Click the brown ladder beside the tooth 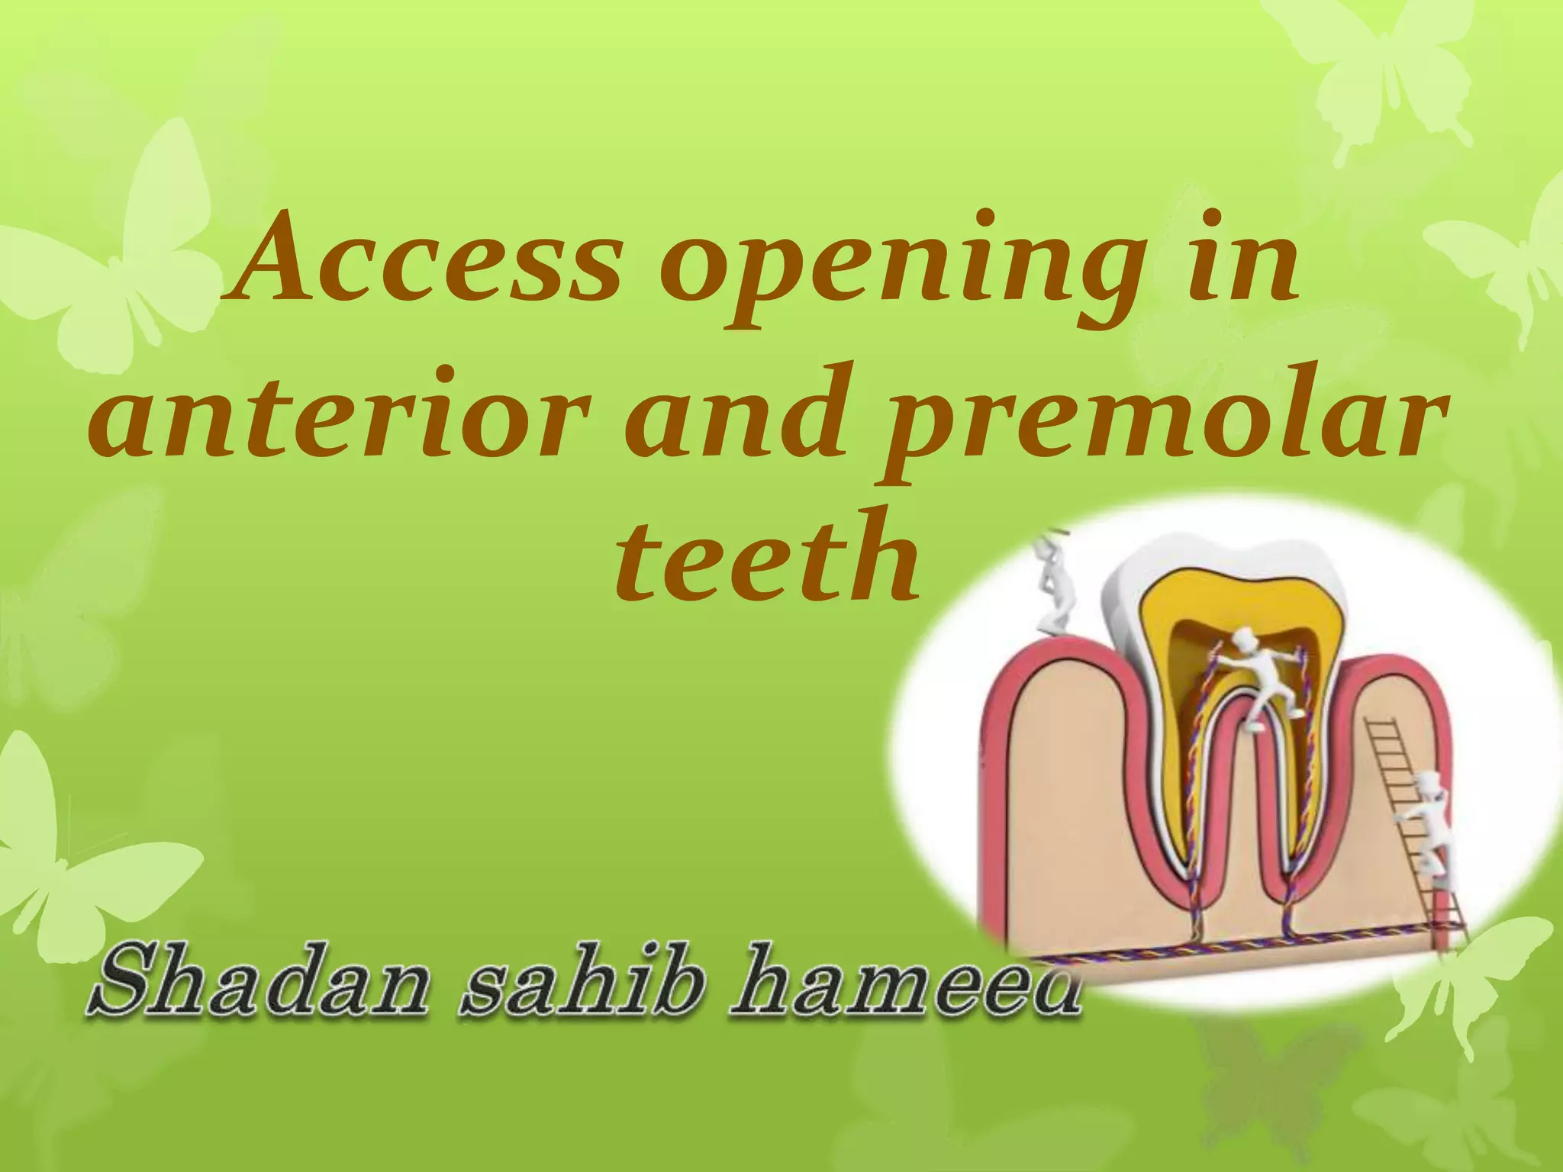click(x=1412, y=824)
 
